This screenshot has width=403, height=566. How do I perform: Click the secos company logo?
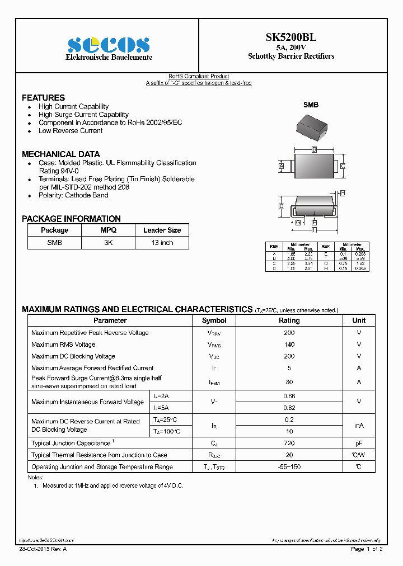[109, 45]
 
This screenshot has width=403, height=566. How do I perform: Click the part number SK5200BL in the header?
[290, 37]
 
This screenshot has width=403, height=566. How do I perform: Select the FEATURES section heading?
[43, 97]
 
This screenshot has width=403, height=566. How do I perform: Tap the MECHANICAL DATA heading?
[60, 154]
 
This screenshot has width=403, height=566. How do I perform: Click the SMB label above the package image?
[311, 105]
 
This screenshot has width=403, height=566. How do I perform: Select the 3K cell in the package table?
[108, 243]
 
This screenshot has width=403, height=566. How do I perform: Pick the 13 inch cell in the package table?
[162, 243]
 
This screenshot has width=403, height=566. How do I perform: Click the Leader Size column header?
[162, 230]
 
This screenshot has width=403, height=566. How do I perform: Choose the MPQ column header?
[108, 230]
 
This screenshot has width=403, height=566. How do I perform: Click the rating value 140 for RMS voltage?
[289, 345]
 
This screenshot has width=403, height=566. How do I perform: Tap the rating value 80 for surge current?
[289, 382]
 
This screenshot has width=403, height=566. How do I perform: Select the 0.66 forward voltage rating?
[289, 396]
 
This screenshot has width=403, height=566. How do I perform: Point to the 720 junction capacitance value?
[289, 443]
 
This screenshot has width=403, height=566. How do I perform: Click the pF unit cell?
[359, 443]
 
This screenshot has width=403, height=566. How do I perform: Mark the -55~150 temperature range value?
[289, 466]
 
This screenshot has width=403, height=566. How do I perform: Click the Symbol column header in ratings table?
[214, 320]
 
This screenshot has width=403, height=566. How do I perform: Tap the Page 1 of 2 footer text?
[367, 549]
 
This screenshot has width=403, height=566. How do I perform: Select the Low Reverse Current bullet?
[71, 131]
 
